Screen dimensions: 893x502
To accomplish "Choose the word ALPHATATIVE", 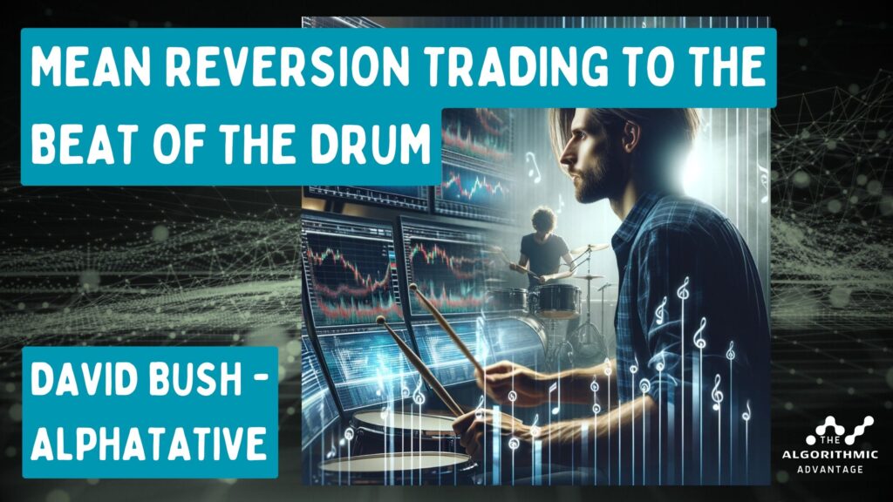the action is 148,443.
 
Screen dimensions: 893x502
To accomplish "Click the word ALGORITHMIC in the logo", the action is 829,455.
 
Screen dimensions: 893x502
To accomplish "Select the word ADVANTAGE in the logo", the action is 830,470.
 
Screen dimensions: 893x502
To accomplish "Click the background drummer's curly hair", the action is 544,219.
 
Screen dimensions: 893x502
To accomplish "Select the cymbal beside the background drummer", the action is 590,248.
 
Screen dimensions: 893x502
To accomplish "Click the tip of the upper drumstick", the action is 412,286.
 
